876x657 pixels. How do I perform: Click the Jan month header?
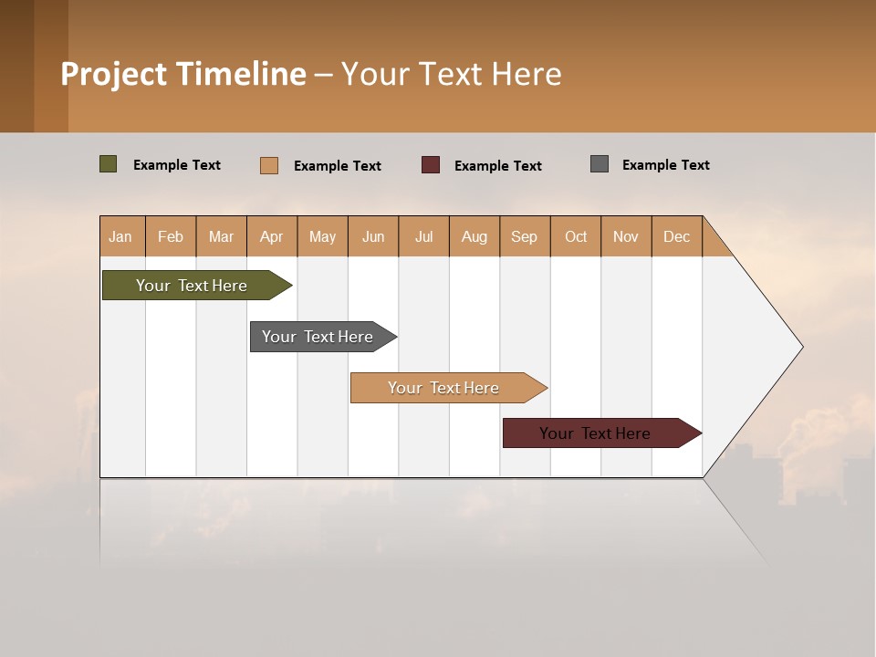tap(120, 236)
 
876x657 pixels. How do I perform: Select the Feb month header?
tap(171, 236)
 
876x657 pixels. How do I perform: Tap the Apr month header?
tap(271, 236)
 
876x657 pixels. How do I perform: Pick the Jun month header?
tap(373, 236)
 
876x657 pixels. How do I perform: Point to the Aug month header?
tap(474, 236)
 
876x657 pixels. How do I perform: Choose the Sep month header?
tap(524, 236)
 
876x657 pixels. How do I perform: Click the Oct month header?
tap(576, 236)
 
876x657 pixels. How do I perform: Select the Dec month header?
tap(676, 236)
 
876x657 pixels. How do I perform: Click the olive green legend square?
tap(108, 164)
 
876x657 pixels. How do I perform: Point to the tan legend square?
tap(268, 165)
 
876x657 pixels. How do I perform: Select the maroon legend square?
tap(431, 165)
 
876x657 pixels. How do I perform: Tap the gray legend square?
tap(600, 164)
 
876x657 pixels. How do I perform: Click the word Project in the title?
tap(114, 74)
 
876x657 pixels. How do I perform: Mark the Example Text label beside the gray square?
tap(665, 165)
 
